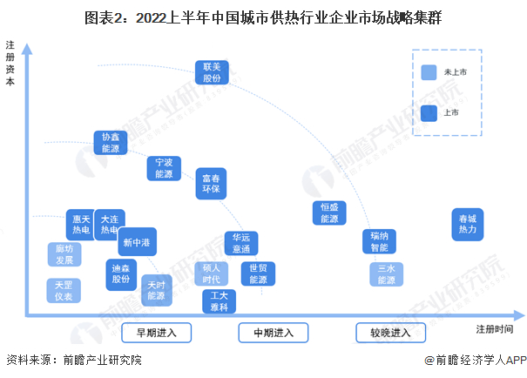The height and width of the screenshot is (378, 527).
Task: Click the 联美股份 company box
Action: point(213,72)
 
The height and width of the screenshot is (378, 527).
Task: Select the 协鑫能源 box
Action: point(110,143)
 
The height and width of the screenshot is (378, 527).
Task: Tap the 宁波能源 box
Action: point(164,168)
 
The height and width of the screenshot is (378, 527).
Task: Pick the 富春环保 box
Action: point(211,183)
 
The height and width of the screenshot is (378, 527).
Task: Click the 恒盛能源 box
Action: point(329,213)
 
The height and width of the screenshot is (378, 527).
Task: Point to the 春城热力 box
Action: point(468,224)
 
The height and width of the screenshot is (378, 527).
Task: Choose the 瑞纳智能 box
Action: point(379,241)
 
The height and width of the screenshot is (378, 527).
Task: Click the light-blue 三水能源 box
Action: point(386,273)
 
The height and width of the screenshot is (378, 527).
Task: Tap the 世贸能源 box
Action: point(258,273)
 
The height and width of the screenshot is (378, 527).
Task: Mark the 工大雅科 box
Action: point(219,301)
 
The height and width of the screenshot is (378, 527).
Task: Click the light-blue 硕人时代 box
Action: point(211,273)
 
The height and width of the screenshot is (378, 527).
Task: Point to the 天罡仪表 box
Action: point(63,291)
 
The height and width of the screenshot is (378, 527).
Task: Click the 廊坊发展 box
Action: point(64,254)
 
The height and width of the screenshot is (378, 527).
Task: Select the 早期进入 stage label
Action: point(150,332)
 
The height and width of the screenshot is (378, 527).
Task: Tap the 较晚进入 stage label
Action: point(389,332)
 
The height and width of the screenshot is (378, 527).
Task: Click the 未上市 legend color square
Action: point(428,73)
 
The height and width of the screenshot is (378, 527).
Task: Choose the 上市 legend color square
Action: point(428,112)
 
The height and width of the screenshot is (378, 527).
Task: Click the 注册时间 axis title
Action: point(495,328)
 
